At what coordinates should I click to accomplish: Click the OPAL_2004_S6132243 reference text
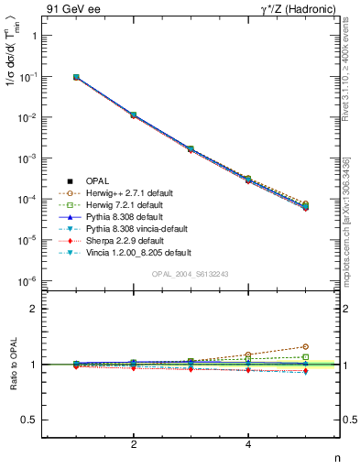click(190, 274)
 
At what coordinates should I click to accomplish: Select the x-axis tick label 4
click(249, 445)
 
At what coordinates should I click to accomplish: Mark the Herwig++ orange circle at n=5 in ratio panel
click(306, 346)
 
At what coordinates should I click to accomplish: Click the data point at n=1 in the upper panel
click(76, 77)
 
